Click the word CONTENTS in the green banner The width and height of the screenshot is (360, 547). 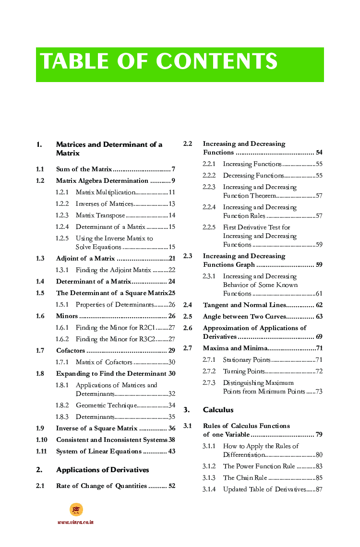click(x=216, y=62)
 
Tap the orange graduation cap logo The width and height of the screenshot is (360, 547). click(x=76, y=510)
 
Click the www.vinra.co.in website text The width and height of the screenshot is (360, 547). click(x=75, y=522)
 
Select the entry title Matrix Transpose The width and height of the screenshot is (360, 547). click(x=100, y=215)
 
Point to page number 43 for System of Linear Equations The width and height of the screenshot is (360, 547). click(x=171, y=452)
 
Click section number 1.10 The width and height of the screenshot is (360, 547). click(x=41, y=440)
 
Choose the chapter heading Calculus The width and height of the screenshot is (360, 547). click(x=218, y=410)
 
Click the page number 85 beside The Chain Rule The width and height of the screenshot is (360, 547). click(x=319, y=478)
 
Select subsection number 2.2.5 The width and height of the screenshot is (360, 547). click(x=209, y=227)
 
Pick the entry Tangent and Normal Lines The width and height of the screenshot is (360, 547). click(x=244, y=305)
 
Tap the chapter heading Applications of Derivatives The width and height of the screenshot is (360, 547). click(x=102, y=470)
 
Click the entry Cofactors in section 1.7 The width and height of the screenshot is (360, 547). click(x=71, y=351)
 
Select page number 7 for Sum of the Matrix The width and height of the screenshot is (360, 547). click(x=173, y=169)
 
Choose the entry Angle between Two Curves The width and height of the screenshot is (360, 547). click(x=244, y=317)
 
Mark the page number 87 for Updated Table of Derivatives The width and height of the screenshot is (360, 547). click(x=319, y=489)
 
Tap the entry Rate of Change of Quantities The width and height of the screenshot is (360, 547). click(x=101, y=486)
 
